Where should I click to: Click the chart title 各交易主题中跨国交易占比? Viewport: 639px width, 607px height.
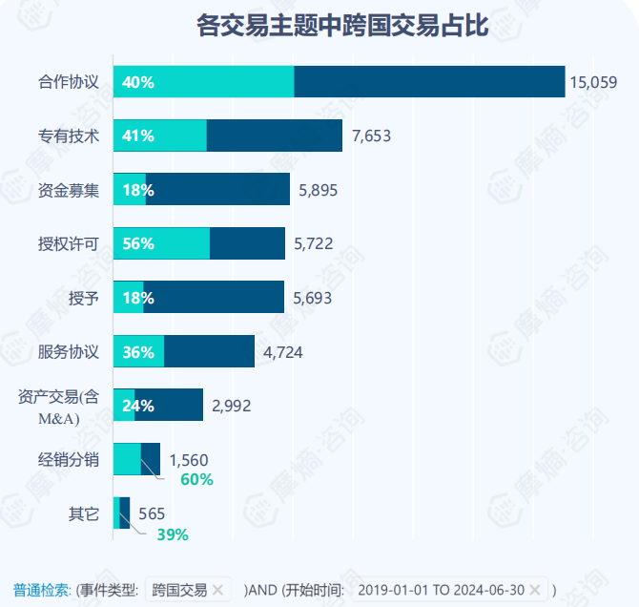(x=341, y=26)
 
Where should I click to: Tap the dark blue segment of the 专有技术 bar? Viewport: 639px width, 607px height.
(x=274, y=136)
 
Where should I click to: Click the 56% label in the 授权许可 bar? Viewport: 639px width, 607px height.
(x=138, y=243)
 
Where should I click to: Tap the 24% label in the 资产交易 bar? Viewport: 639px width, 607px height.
(x=138, y=406)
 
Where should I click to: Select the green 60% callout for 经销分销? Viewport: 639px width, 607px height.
(x=196, y=479)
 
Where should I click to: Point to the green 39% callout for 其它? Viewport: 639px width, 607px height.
(x=173, y=534)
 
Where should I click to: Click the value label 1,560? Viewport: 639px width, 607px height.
(x=188, y=459)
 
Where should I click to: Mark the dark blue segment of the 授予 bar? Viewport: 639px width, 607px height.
(x=214, y=297)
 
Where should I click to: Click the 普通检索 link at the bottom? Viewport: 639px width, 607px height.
(x=41, y=589)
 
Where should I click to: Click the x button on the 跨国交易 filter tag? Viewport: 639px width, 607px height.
(x=217, y=589)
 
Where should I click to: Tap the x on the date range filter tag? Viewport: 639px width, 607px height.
(x=535, y=589)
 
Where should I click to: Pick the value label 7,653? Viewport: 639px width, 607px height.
(x=371, y=136)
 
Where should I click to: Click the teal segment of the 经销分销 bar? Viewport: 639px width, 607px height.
(x=127, y=459)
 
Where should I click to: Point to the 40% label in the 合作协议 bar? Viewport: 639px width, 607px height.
(x=138, y=82)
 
